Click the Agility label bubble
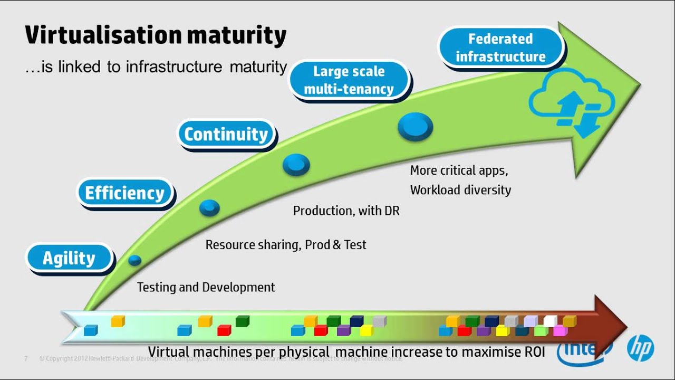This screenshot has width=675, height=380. pyautogui.click(x=70, y=259)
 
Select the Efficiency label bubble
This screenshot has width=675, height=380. pyautogui.click(x=125, y=193)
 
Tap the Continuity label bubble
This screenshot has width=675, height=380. pyautogui.click(x=226, y=135)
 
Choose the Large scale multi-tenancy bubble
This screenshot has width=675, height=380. pyautogui.click(x=349, y=80)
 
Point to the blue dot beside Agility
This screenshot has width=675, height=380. pyautogui.click(x=135, y=260)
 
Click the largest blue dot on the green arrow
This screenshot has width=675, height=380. pyautogui.click(x=415, y=127)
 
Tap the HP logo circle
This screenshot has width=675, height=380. pyautogui.click(x=640, y=349)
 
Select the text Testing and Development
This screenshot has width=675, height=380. pyautogui.click(x=206, y=287)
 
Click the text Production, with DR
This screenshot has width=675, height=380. pyautogui.click(x=346, y=211)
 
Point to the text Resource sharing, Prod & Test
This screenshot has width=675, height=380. pyautogui.click(x=285, y=245)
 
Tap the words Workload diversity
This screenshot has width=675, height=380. pyautogui.click(x=460, y=190)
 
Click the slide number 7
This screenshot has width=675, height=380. pyautogui.click(x=25, y=359)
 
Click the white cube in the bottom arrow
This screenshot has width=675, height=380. pyautogui.click(x=550, y=321)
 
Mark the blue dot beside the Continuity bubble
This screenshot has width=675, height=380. pyautogui.click(x=296, y=165)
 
